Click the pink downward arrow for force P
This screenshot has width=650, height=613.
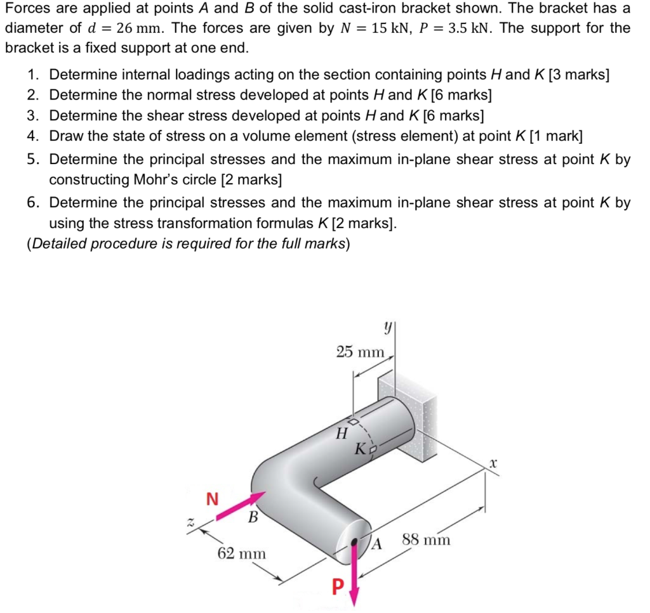tap(354, 571)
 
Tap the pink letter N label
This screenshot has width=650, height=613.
tap(213, 499)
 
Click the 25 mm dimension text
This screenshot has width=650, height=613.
tap(360, 352)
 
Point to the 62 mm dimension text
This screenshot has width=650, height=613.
tap(241, 553)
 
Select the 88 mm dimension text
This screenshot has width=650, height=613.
tap(427, 540)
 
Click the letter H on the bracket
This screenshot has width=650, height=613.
tap(342, 434)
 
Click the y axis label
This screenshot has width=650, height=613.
tap(387, 328)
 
